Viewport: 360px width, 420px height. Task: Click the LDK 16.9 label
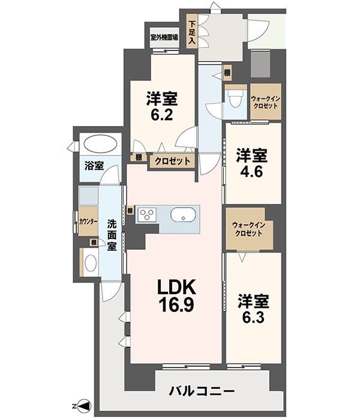(x=176, y=296)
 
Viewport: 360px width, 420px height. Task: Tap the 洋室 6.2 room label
(x=162, y=106)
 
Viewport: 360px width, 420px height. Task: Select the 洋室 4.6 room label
(x=251, y=163)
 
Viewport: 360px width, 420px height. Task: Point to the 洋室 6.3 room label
(x=253, y=309)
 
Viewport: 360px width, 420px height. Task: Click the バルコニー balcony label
(x=202, y=391)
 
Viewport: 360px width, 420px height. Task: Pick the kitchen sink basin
(x=184, y=215)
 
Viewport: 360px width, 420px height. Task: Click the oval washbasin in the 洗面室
(x=91, y=263)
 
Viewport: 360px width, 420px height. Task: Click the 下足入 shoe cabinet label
(x=192, y=32)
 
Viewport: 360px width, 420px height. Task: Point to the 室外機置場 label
(x=164, y=37)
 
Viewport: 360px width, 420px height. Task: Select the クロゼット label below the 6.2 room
(x=173, y=161)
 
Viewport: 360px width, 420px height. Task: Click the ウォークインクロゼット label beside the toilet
(x=265, y=103)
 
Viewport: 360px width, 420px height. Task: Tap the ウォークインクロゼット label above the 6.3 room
(x=249, y=229)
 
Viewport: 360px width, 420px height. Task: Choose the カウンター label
(x=88, y=221)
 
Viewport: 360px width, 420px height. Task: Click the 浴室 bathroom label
(x=94, y=166)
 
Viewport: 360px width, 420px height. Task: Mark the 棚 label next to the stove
(x=130, y=211)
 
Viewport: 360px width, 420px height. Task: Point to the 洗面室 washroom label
(x=112, y=235)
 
